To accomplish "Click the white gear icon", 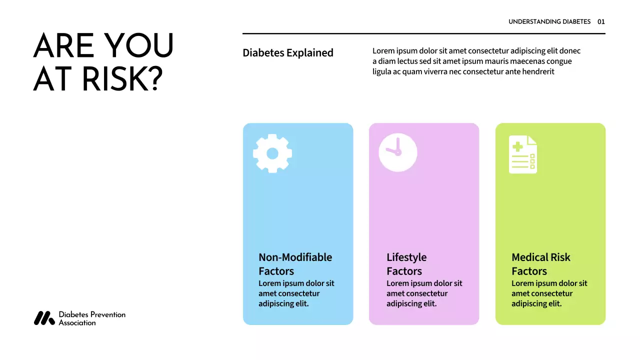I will click(272, 153).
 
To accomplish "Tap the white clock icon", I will click(398, 152).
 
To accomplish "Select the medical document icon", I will click(523, 154).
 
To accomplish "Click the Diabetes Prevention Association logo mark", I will click(44, 318).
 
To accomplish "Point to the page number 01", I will click(601, 21).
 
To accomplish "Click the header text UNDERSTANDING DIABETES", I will click(549, 21).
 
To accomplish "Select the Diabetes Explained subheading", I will click(288, 52).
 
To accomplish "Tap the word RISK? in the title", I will click(122, 78).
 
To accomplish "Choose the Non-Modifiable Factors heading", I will click(295, 264).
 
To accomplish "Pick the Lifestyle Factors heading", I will click(406, 264).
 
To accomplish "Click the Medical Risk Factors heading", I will click(540, 264).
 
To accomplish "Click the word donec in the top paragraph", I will click(570, 50).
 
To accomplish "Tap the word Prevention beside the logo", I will click(107, 314).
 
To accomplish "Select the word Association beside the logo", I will click(77, 323).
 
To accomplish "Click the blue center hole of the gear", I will click(272, 153).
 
